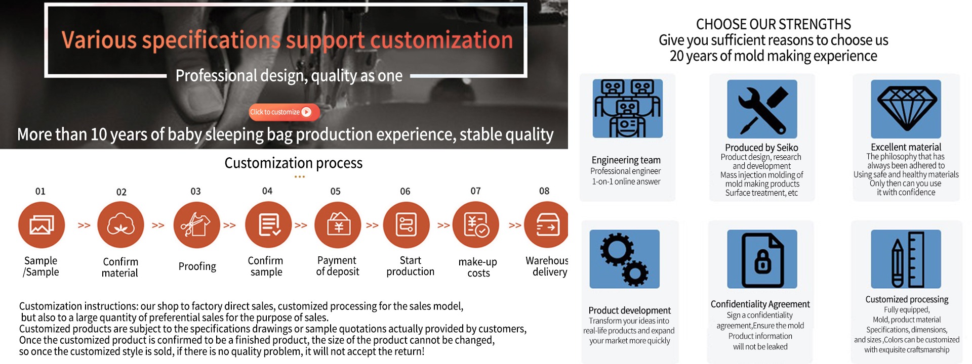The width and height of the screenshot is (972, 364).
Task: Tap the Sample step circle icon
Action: pyautogui.click(x=42, y=225)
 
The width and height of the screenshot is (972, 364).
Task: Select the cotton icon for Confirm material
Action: pyautogui.click(x=120, y=225)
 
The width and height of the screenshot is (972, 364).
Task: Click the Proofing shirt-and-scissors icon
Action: pyautogui.click(x=196, y=225)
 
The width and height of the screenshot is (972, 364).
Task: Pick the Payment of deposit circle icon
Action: pyautogui.click(x=338, y=225)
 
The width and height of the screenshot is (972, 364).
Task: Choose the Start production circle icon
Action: pyautogui.click(x=407, y=225)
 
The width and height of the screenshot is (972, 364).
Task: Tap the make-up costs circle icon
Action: pyautogui.click(x=476, y=225)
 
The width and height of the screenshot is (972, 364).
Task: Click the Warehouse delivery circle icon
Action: pyautogui.click(x=546, y=225)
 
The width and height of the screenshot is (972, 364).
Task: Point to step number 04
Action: pyautogui.click(x=267, y=191)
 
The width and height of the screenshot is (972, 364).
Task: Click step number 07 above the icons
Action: pyautogui.click(x=475, y=191)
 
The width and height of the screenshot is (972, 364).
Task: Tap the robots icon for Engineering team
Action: pyautogui.click(x=628, y=109)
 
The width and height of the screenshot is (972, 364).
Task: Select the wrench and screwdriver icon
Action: pyautogui.click(x=762, y=109)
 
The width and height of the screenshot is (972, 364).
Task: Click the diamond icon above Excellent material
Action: pyautogui.click(x=906, y=109)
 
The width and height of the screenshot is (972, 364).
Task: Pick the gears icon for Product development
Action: pyautogui.click(x=625, y=259)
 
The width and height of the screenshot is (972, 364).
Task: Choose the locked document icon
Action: pyautogui.click(x=762, y=259)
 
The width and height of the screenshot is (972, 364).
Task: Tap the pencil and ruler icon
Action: pyautogui.click(x=906, y=259)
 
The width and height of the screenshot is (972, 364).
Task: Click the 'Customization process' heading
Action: pyautogui.click(x=294, y=163)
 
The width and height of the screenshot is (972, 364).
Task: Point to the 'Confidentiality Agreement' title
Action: pyautogui.click(x=760, y=304)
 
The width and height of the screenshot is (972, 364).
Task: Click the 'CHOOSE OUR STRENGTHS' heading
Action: pyautogui.click(x=774, y=24)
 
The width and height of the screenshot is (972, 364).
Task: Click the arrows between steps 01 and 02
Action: pyautogui.click(x=84, y=225)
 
